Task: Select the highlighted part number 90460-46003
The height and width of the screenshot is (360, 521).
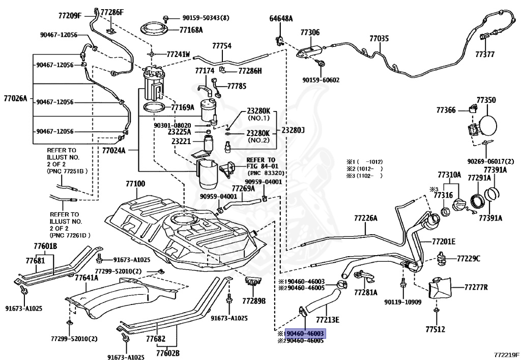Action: point(305,334)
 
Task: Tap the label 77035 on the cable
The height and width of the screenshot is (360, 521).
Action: point(379,39)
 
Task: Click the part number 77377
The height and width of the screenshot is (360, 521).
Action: point(485,54)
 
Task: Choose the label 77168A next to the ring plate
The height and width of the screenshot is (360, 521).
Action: point(191,30)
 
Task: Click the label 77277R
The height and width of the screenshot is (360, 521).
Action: point(476,287)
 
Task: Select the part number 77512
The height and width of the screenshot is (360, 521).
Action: point(436,329)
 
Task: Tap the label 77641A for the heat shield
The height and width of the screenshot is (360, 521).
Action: point(86,277)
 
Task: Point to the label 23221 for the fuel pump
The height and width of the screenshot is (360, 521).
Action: point(182,141)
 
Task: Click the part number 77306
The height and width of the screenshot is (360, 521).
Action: point(310,32)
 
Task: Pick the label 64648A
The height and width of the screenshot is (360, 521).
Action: point(281,19)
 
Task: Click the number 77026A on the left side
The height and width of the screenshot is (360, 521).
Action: point(16,98)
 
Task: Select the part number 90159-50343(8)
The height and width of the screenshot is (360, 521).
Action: point(206,18)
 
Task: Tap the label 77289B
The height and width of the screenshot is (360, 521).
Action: point(254,301)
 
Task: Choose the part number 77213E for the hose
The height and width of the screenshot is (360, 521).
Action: point(328,320)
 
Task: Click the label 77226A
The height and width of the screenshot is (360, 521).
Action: point(366,218)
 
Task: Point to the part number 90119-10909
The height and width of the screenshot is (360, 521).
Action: point(403,302)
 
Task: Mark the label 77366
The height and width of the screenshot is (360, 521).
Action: point(446,110)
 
